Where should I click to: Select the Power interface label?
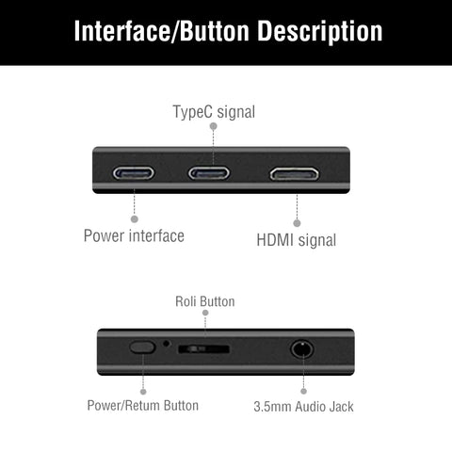(x=134, y=235)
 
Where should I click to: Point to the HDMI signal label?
(x=297, y=240)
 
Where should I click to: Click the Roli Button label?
(x=205, y=301)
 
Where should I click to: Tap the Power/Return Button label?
(x=142, y=406)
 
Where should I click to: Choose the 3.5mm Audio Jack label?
(x=303, y=407)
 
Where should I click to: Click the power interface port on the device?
(x=134, y=174)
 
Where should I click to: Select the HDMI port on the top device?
(x=293, y=174)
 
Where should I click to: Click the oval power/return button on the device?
(x=143, y=347)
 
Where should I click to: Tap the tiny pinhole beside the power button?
(x=167, y=343)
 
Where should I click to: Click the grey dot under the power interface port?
(x=134, y=218)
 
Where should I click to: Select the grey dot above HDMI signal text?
(x=297, y=223)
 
